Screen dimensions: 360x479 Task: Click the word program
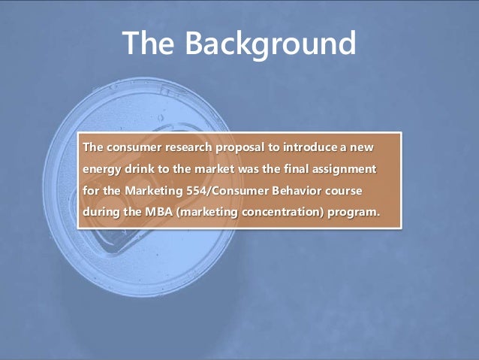(354, 210)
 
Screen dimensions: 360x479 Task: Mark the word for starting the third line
(91, 189)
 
